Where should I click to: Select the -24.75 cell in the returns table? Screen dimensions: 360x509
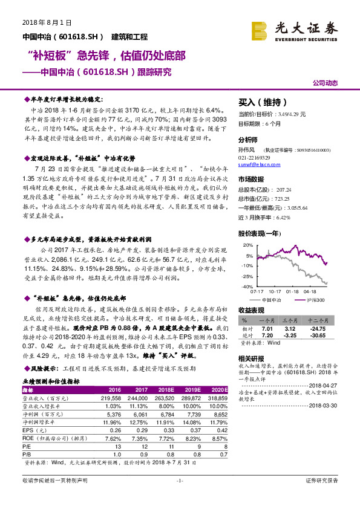[x=319, y=329]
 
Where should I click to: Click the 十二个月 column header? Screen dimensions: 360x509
[x=319, y=322]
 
